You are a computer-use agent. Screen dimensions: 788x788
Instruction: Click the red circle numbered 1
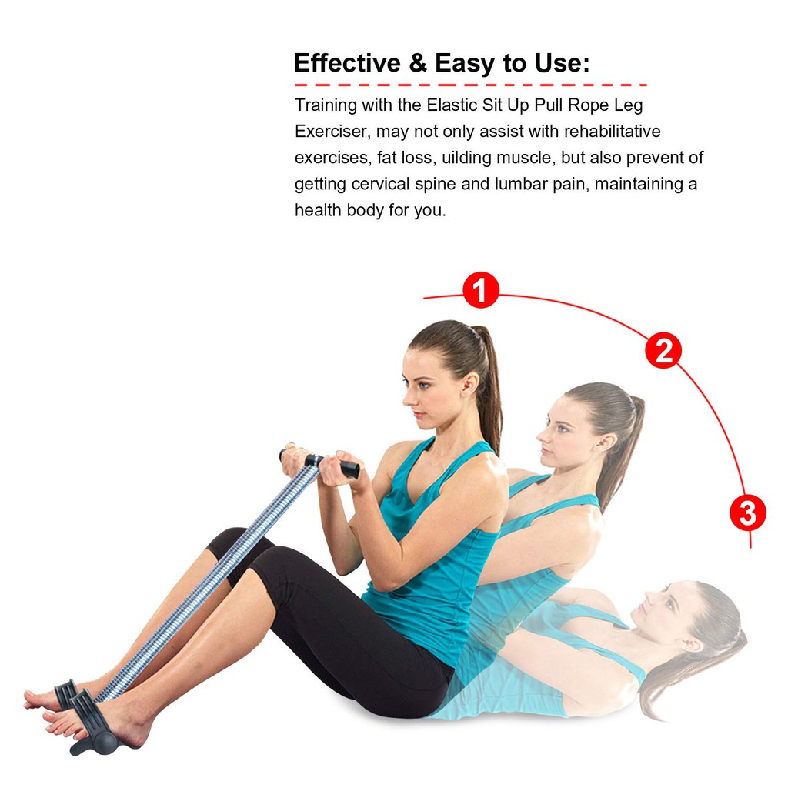pyautogui.click(x=481, y=290)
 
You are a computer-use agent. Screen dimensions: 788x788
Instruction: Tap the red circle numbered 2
pyautogui.click(x=663, y=350)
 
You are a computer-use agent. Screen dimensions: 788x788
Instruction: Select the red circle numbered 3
pyautogui.click(x=748, y=513)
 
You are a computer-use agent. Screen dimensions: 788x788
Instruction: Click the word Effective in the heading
pyautogui.click(x=347, y=63)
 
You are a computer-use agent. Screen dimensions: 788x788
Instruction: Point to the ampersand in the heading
pyautogui.click(x=418, y=63)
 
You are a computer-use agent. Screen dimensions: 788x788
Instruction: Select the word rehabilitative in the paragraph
pyautogui.click(x=612, y=131)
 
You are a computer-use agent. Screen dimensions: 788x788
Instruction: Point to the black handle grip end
pyautogui.click(x=350, y=470)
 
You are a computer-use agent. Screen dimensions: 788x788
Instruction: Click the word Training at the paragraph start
pyautogui.click(x=326, y=105)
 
